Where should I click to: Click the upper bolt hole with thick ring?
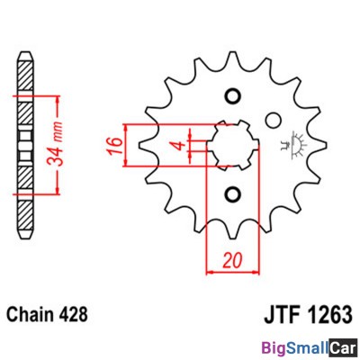coord(232,97)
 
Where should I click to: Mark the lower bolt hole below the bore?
coord(232,194)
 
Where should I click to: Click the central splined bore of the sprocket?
coord(232,146)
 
